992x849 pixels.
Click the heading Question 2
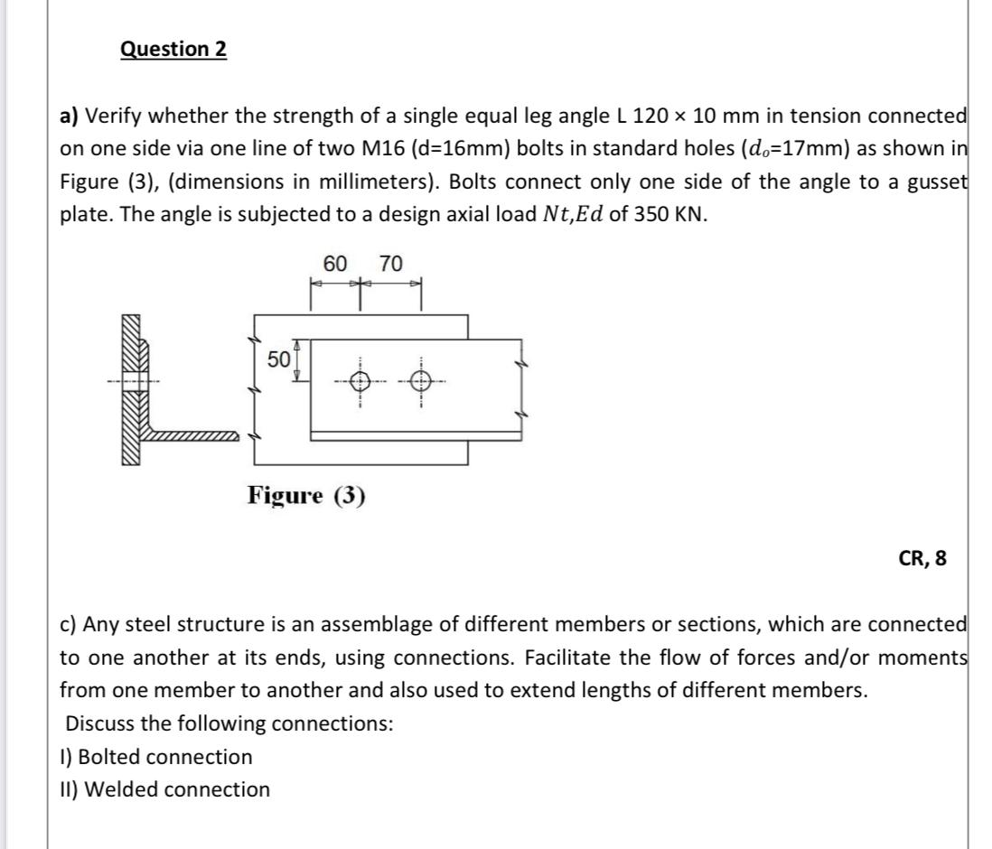point(173,49)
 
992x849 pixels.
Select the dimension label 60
point(335,264)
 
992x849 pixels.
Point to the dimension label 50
point(278,359)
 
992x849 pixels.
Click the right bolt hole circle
point(419,381)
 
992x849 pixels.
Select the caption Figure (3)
point(307,495)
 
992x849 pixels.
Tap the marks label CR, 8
point(922,558)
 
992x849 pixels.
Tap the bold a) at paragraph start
point(70,117)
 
